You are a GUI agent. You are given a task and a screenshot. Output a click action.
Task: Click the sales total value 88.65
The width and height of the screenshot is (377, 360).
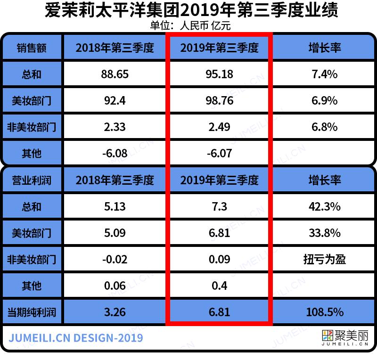(115, 74)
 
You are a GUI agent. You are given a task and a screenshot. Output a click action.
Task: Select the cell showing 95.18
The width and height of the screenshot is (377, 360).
(219, 74)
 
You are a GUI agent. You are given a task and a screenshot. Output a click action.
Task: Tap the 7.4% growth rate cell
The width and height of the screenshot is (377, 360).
(324, 74)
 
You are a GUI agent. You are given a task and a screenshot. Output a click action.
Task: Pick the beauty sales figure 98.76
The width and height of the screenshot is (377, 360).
(219, 100)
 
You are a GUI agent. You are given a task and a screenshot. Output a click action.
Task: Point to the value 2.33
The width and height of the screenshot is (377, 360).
(115, 127)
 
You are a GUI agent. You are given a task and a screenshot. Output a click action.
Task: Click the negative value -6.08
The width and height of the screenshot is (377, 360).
(115, 153)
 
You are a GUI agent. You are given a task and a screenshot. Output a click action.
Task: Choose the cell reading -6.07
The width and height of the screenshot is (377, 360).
(219, 153)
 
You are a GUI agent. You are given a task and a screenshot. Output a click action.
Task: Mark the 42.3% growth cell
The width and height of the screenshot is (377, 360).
(324, 206)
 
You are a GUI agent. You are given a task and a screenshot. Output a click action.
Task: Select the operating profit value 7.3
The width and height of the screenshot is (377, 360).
(219, 206)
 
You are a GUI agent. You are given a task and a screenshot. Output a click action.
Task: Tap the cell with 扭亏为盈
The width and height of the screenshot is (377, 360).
(324, 259)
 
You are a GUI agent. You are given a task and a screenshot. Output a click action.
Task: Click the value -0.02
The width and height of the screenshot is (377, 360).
(115, 259)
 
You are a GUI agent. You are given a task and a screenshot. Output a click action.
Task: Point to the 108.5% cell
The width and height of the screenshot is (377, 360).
(324, 312)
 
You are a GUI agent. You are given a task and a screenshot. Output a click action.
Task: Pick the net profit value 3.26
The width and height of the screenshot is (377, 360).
(115, 312)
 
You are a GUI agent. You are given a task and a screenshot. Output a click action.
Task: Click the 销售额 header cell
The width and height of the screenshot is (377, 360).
(32, 48)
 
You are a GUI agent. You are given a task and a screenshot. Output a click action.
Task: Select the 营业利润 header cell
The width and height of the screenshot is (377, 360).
(32, 180)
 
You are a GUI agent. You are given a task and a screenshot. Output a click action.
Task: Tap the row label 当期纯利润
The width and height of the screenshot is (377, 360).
(32, 312)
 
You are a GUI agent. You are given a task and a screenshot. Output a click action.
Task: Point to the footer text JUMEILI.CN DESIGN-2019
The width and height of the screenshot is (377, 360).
(76, 338)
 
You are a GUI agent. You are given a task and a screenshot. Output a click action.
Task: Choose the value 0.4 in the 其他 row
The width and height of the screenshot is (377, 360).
(219, 286)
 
